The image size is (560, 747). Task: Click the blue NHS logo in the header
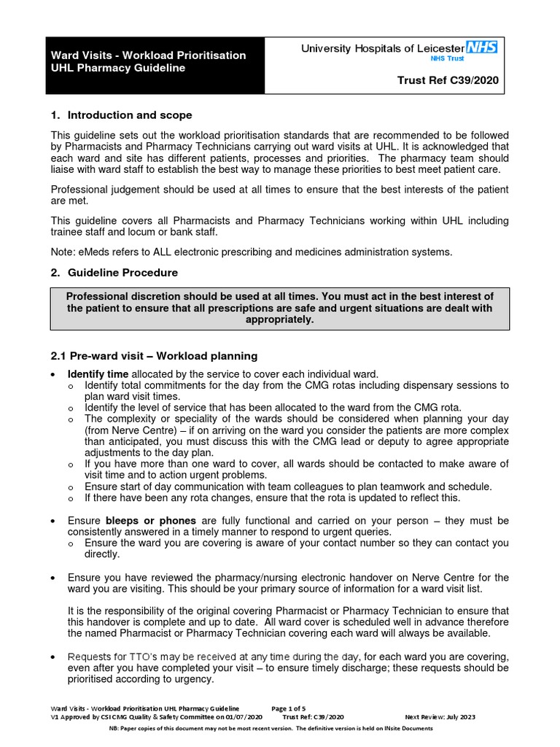(482, 47)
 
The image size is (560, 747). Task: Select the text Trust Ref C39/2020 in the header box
(448, 81)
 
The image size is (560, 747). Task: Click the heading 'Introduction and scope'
(130, 115)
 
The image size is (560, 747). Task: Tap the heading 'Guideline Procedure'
(122, 272)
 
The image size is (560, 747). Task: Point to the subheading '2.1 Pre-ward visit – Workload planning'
(154, 356)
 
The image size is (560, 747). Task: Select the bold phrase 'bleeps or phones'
(151, 520)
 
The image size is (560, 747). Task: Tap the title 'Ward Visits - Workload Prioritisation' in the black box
(148, 55)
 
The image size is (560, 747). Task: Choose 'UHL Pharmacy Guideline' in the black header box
(117, 69)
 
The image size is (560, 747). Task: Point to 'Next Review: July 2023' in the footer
(440, 717)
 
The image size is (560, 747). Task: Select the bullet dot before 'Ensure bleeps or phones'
(54, 521)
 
